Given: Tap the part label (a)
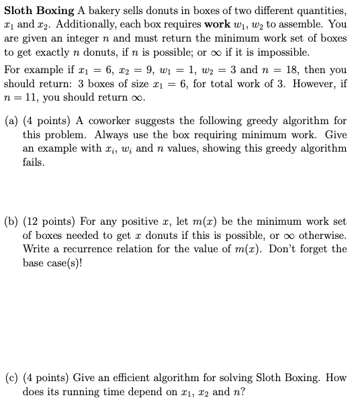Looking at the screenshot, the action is point(11,121).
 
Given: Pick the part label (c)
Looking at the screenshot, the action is point(11,378).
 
